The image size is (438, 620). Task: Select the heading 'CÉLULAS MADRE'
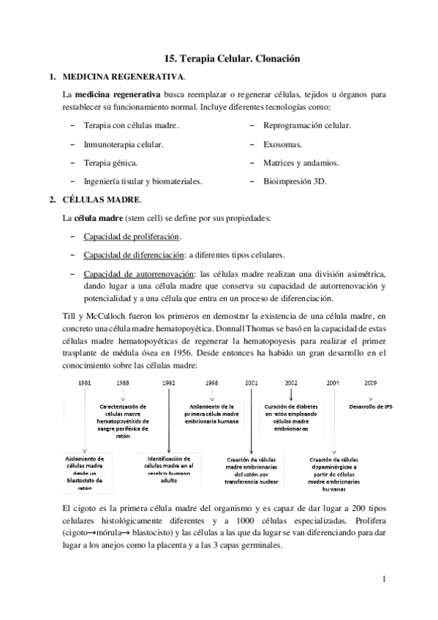click(x=99, y=200)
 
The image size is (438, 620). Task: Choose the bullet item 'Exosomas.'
click(x=283, y=144)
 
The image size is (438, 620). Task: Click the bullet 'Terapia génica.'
click(x=110, y=162)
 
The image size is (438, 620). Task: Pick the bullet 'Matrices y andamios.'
click(x=301, y=162)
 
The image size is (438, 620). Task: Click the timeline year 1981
click(x=85, y=382)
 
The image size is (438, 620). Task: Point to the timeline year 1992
click(x=169, y=382)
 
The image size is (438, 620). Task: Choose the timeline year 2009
click(x=371, y=382)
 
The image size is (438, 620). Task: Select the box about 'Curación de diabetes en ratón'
click(x=291, y=414)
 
